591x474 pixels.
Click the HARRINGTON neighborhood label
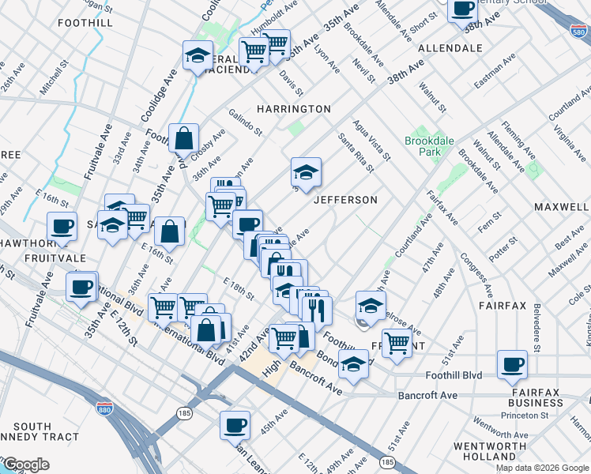pyautogui.click(x=293, y=108)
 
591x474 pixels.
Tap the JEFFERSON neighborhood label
pyautogui.click(x=345, y=200)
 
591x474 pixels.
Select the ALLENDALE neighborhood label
pyautogui.click(x=450, y=48)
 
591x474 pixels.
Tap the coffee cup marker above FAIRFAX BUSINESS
pyautogui.click(x=512, y=364)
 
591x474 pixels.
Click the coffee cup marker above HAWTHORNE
pyautogui.click(x=62, y=226)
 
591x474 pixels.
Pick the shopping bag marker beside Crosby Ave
pyautogui.click(x=183, y=138)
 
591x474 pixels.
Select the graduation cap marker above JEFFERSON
pyautogui.click(x=306, y=171)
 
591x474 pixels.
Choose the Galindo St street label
pyautogui.click(x=246, y=120)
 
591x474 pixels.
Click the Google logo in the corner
pyautogui.click(x=25, y=465)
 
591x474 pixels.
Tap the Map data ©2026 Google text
pyautogui.click(x=542, y=467)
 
